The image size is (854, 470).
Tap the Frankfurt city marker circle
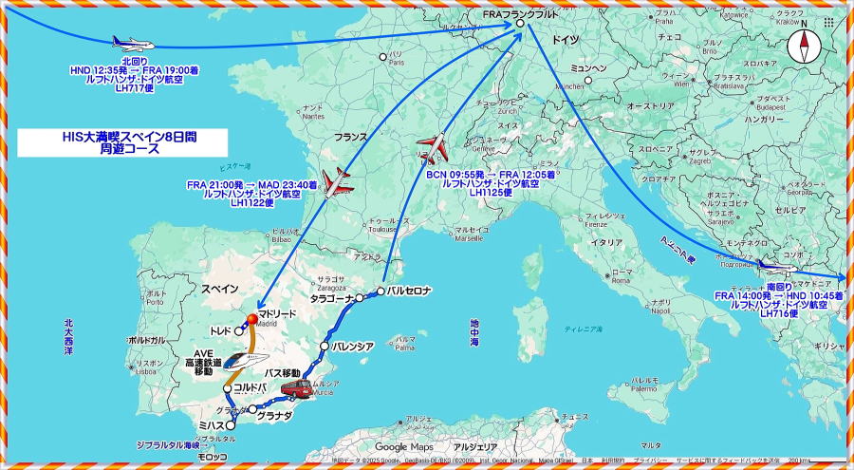coord(520,24)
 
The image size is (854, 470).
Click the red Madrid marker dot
coord(252,318)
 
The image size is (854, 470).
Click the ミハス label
coord(211,426)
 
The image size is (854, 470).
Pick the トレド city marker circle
coord(239,332)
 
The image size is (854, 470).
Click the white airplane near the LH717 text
coord(132,43)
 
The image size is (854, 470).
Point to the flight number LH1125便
coord(491,193)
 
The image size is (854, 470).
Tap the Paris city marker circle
coord(383,57)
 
